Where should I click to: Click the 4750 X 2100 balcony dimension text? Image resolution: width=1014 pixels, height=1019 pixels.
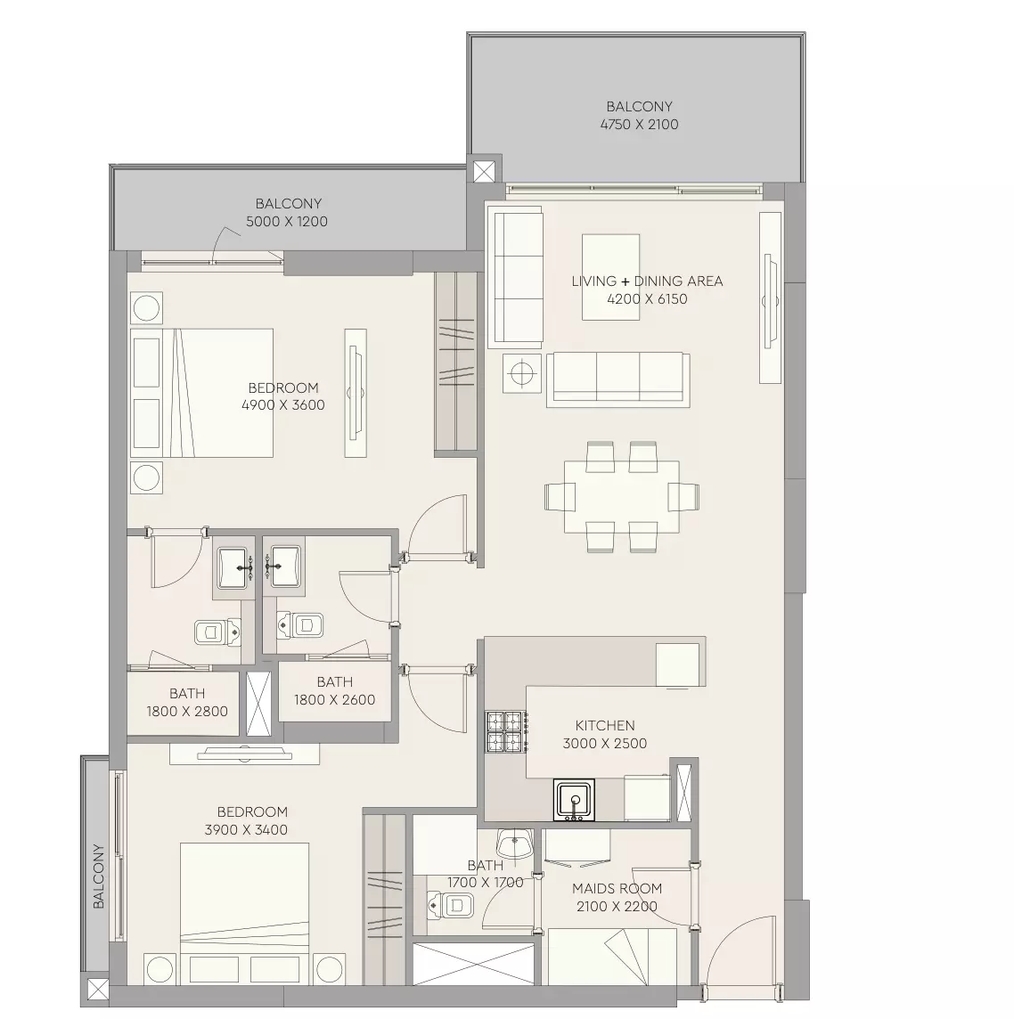(639, 124)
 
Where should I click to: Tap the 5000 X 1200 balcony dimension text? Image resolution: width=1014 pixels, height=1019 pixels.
(287, 221)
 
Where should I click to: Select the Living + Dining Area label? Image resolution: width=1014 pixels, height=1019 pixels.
(647, 281)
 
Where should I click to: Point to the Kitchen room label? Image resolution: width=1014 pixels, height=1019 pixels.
(604, 725)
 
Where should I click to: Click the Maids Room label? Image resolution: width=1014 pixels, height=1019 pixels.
(617, 888)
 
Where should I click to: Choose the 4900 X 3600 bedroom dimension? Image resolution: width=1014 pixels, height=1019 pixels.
(282, 405)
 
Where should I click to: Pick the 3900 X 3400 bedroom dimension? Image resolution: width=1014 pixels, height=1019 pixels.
(246, 830)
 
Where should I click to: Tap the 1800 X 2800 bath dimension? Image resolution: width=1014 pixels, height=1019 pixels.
(187, 711)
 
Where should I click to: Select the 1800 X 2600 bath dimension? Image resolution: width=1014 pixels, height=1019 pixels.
(334, 700)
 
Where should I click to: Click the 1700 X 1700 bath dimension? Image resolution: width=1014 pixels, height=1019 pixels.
(485, 883)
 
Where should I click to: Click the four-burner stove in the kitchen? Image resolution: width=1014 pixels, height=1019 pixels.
(506, 732)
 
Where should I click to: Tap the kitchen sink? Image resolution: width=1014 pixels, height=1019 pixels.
(574, 800)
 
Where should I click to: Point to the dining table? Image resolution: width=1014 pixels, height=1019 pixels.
(621, 496)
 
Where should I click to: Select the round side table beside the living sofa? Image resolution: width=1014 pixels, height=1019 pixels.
(522, 373)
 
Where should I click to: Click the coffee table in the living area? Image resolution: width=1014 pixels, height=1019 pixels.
(610, 277)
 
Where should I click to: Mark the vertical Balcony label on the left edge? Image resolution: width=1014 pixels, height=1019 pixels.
(98, 876)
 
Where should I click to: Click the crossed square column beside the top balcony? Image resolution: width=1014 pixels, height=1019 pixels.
(484, 172)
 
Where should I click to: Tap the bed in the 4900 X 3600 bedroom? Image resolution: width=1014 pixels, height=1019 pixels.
(201, 393)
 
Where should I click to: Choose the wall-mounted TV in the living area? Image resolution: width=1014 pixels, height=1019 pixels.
(770, 298)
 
